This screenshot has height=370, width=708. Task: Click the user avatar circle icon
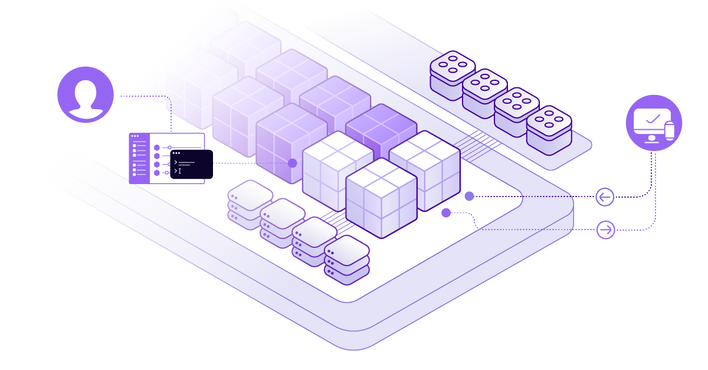point(86,94)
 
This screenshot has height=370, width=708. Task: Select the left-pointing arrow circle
point(605,197)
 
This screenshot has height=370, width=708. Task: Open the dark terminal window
point(191,164)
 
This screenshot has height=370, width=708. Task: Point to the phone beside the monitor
point(669,131)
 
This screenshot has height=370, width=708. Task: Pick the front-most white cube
point(381,198)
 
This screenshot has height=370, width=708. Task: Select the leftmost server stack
point(250,204)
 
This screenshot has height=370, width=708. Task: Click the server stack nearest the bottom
point(346,260)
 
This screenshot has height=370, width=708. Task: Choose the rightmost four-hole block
point(549,129)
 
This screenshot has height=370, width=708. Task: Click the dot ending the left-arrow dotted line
point(469,196)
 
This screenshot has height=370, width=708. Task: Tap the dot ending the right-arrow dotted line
point(446,212)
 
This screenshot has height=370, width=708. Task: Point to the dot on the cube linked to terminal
point(293,163)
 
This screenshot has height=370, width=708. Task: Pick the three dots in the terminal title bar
point(176,153)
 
